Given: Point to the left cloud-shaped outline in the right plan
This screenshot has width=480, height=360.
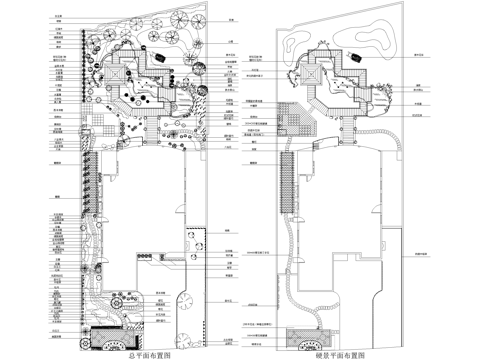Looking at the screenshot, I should [x=299, y=40].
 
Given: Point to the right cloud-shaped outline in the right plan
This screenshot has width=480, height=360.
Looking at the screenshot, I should [x=378, y=41].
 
